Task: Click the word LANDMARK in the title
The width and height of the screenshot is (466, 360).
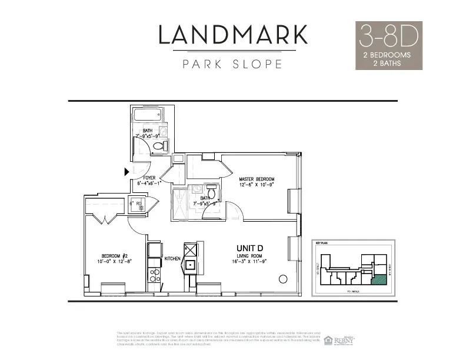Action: click(232, 35)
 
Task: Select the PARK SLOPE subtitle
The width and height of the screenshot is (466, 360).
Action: click(232, 64)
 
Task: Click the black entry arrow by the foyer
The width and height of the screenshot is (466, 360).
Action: click(126, 172)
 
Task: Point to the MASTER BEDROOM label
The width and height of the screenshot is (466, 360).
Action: click(257, 179)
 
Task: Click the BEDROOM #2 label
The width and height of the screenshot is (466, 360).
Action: click(114, 256)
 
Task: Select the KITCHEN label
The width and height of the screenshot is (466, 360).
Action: click(172, 259)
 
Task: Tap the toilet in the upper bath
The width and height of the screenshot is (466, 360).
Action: click(163, 145)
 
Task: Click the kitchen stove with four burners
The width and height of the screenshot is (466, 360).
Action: click(154, 276)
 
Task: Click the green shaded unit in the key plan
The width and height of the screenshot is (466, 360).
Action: click(382, 279)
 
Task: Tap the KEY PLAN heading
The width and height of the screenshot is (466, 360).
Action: click(321, 242)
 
